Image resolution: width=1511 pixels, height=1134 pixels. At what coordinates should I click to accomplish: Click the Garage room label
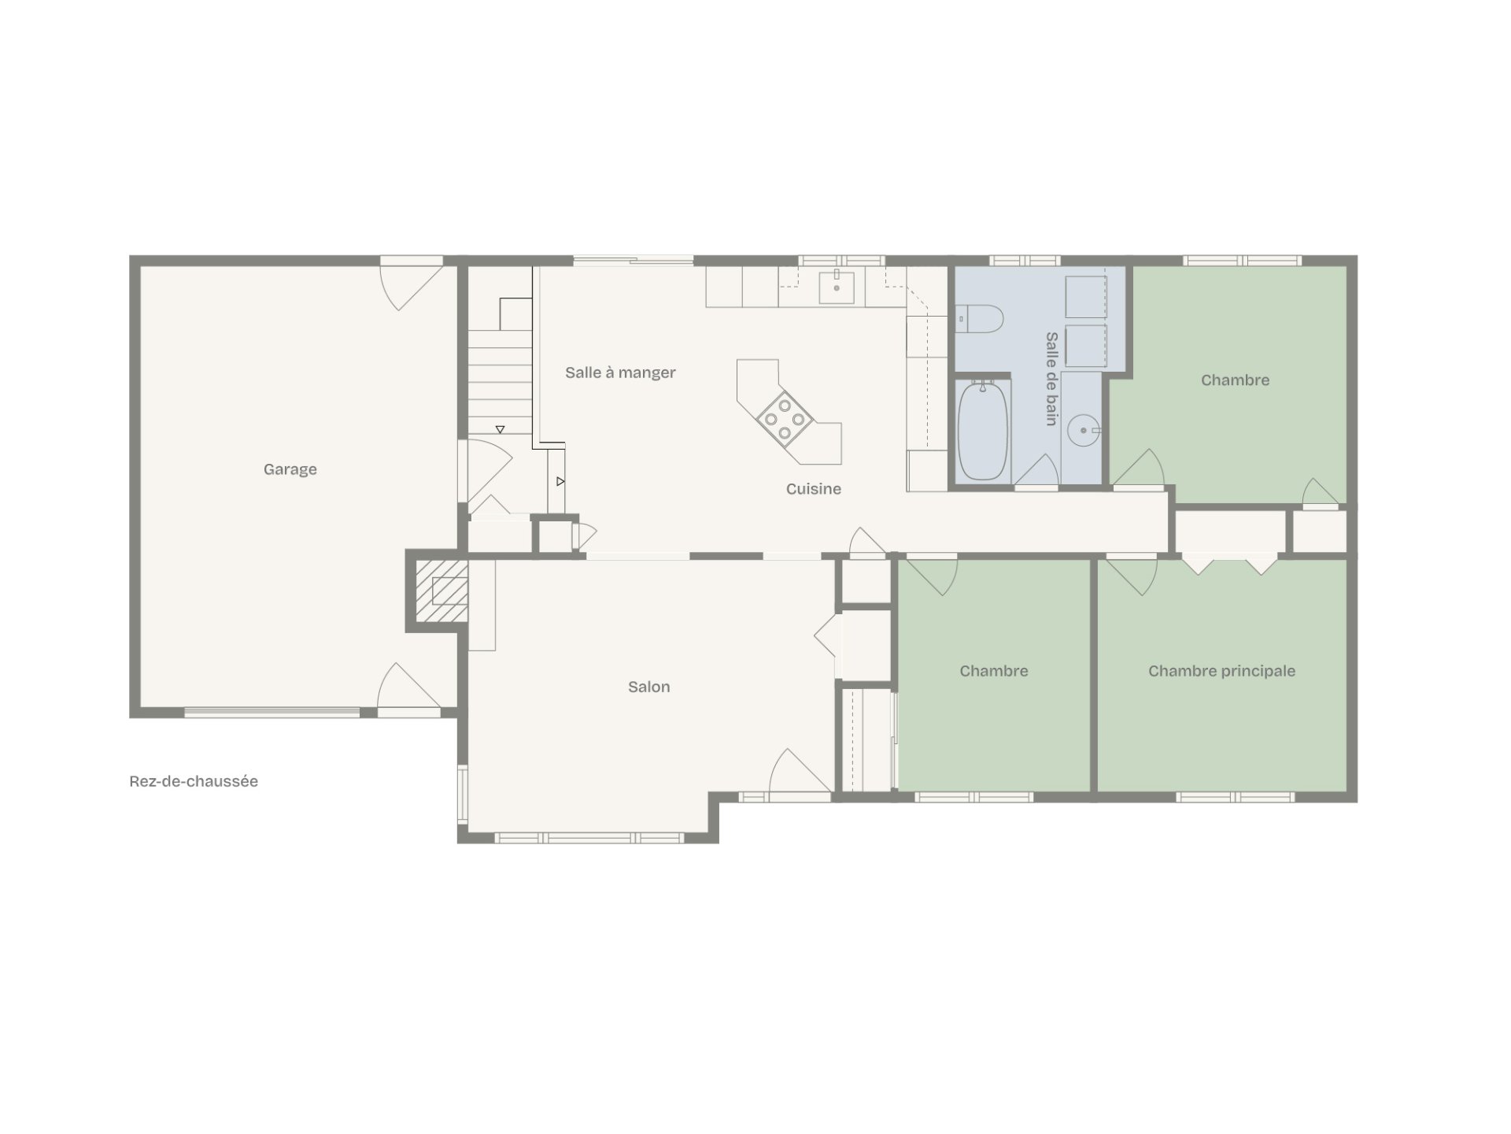[290, 470]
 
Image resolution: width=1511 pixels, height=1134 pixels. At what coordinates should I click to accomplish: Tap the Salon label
[648, 687]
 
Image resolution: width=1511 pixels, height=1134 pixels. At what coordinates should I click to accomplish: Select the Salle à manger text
[620, 373]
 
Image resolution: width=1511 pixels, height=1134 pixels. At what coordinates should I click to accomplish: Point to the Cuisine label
[813, 489]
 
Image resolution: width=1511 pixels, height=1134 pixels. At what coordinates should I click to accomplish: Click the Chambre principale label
[1221, 671]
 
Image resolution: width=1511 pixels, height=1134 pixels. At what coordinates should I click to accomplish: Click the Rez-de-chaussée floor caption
[194, 781]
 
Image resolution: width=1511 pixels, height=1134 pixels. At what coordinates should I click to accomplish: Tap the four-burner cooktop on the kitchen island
[785, 419]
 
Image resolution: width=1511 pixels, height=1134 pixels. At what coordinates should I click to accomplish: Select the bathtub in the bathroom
[982, 431]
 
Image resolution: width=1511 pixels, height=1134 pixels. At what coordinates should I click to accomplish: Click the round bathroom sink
[1084, 431]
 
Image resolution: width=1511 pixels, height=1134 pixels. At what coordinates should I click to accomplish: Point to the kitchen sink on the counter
[837, 287]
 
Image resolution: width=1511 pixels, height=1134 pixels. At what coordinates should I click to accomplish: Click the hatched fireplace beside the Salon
[441, 591]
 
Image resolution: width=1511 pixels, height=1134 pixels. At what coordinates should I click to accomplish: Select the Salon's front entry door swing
[800, 771]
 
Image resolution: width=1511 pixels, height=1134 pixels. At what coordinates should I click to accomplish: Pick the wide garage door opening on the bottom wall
[272, 713]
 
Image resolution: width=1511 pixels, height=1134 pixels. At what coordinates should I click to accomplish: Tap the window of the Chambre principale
[1235, 797]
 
